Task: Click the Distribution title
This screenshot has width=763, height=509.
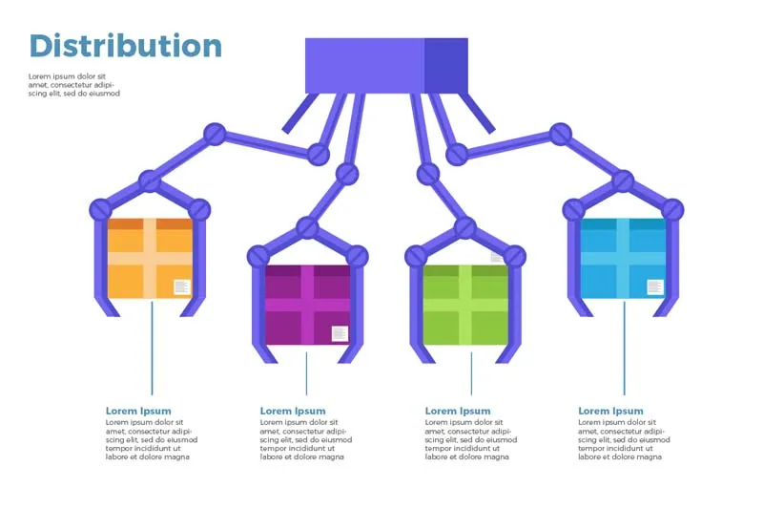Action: click(x=126, y=46)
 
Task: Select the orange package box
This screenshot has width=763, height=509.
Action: click(x=150, y=258)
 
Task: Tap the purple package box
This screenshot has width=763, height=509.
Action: click(x=307, y=305)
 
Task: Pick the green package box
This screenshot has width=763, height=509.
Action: click(x=465, y=305)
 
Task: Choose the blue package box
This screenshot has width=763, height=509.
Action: click(x=624, y=258)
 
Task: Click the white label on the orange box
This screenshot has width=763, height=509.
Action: click(x=181, y=286)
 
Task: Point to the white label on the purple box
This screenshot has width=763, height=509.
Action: click(x=340, y=333)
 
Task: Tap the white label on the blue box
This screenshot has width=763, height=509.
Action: click(x=655, y=286)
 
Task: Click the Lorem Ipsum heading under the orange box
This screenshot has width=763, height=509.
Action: click(x=138, y=411)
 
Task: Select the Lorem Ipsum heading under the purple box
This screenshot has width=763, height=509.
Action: click(x=293, y=411)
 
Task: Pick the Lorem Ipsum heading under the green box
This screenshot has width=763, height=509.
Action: click(x=458, y=411)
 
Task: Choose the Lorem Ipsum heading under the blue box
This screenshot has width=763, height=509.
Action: click(x=610, y=411)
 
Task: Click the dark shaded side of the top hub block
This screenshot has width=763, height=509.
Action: click(x=445, y=65)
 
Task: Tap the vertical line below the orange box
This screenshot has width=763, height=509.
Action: click(x=152, y=349)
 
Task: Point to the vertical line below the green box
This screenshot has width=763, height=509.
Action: click(x=471, y=373)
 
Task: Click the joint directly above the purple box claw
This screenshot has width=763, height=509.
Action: click(x=307, y=227)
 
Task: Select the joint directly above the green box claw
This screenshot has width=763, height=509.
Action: click(x=465, y=227)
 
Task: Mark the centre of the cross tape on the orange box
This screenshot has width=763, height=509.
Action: click(x=150, y=258)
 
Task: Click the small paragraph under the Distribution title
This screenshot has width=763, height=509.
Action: click(x=74, y=85)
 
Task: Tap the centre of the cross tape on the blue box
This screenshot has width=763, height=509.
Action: click(x=624, y=258)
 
